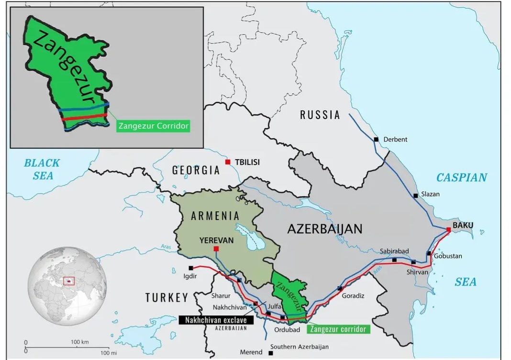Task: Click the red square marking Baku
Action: (448, 229)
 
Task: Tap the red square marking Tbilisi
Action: (228, 162)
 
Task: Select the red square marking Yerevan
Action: (216, 249)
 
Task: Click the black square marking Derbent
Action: (376, 139)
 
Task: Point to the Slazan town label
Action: (430, 195)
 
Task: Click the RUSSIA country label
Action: (320, 115)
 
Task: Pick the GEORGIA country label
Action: (196, 170)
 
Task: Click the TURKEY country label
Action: (167, 297)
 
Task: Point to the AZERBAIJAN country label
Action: (324, 229)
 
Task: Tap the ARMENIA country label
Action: (215, 216)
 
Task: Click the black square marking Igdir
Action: (191, 268)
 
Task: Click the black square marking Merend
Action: (271, 353)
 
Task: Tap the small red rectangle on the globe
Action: (69, 281)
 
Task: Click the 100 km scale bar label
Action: (80, 342)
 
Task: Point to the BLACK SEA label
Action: (42, 169)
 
